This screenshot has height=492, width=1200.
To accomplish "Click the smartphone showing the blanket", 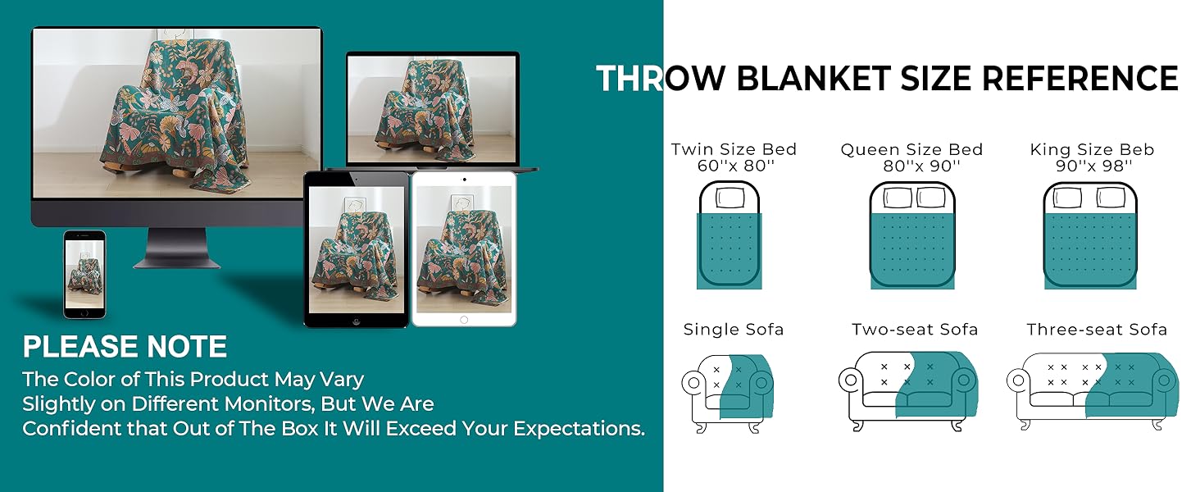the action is pyautogui.click(x=84, y=275).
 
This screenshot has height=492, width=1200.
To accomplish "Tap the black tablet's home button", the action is pyautogui.click(x=357, y=321).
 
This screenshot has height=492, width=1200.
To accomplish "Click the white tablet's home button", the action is pyautogui.click(x=464, y=320).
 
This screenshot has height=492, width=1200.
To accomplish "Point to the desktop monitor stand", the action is pyautogui.click(x=177, y=248).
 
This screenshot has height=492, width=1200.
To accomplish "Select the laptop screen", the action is pyautogui.click(x=432, y=109).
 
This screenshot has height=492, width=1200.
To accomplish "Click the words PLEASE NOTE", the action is pyautogui.click(x=125, y=346).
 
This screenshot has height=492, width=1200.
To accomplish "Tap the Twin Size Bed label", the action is pyautogui.click(x=734, y=149).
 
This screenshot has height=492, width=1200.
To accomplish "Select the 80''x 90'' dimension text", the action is pyautogui.click(x=921, y=166).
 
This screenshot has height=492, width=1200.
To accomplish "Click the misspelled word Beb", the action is pyautogui.click(x=1136, y=149).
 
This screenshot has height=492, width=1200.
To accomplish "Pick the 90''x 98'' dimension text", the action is pyautogui.click(x=1094, y=166).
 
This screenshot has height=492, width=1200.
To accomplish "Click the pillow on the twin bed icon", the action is pyautogui.click(x=730, y=198).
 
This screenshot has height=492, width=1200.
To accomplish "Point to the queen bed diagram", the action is pyautogui.click(x=912, y=235).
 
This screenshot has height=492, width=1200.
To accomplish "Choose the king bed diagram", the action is pyautogui.click(x=1090, y=235).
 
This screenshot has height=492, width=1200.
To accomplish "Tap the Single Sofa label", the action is pyautogui.click(x=734, y=329).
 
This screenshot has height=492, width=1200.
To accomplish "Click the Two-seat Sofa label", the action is pyautogui.click(x=915, y=329).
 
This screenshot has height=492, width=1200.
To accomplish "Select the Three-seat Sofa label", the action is pyautogui.click(x=1097, y=329).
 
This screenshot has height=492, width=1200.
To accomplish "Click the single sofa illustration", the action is pyautogui.click(x=728, y=394).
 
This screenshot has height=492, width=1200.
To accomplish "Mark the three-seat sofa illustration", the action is pyautogui.click(x=1093, y=392).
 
